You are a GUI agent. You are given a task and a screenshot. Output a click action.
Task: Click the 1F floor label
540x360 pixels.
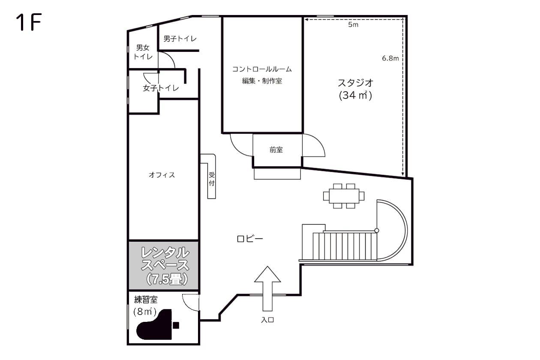pos(29,22)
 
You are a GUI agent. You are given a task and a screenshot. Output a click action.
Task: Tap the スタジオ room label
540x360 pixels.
pos(355,83)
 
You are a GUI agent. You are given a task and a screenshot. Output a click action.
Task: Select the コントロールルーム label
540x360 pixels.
pos(262,69)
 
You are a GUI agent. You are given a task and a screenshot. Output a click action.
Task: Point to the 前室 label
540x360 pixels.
pos(276,150)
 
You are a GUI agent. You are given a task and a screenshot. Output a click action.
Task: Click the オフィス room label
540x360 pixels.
pos(162,175)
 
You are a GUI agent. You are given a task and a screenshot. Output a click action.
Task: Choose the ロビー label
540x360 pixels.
pos(250,239)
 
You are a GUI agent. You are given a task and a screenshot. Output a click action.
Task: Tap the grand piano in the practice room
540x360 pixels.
pos(154,324)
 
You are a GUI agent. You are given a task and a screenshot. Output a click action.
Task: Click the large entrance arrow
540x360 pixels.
pos(267,288)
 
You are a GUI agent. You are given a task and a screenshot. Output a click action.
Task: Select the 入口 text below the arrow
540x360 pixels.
pos(267,320)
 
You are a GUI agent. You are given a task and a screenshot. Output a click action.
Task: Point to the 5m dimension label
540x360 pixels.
pos(353,24)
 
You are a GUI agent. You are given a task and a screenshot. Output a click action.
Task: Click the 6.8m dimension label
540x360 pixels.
pos(390,58)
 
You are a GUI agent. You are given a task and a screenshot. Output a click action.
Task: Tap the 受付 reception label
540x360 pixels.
pos(212,179)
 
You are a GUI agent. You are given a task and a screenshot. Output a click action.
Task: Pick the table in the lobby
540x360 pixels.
pos(344,196)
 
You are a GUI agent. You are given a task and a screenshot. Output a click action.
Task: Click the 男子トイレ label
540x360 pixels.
pos(180,39)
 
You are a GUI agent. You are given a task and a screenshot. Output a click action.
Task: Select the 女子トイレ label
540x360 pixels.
pos(161,88)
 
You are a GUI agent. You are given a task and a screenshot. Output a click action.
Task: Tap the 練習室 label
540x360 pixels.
pos(146,300)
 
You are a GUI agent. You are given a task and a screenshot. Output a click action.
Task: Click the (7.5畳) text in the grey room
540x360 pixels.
pos(167,279)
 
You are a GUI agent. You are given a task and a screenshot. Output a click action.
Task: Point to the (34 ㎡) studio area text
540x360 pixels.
pos(355,96)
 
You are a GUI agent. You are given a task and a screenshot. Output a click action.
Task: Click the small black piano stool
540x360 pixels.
pos(176,326)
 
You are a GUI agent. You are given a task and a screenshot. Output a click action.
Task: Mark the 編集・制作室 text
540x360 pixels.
pos(262,81)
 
